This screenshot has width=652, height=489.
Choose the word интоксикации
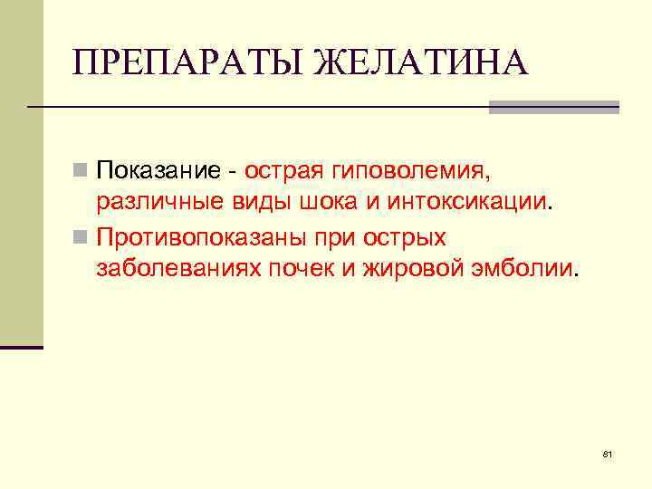(469, 201)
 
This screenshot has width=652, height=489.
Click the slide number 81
(607, 452)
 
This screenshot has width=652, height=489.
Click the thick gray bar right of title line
(553, 107)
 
